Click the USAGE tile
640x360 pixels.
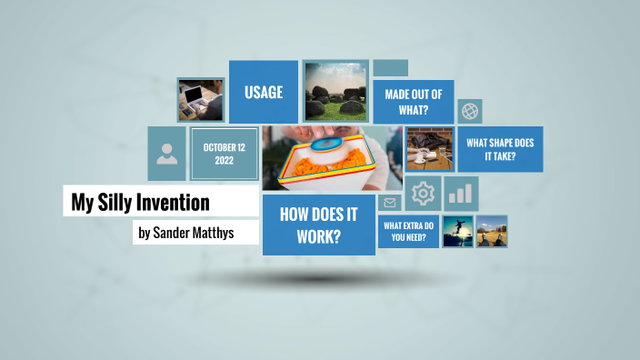264,92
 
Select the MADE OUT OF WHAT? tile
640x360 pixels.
413,102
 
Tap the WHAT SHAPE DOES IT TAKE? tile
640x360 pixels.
499,149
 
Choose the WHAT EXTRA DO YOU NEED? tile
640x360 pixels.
407,231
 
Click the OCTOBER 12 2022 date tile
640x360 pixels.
225,154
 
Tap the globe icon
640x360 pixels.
470,111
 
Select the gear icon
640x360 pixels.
423,194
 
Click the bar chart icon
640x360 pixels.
462,194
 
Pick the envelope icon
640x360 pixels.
391,203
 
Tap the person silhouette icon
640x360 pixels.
167,154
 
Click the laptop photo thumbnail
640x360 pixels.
201,99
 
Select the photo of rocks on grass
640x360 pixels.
335,91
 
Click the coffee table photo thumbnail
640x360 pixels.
430,149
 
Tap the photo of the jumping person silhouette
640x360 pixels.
457,232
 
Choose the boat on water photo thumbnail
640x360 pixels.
492,232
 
